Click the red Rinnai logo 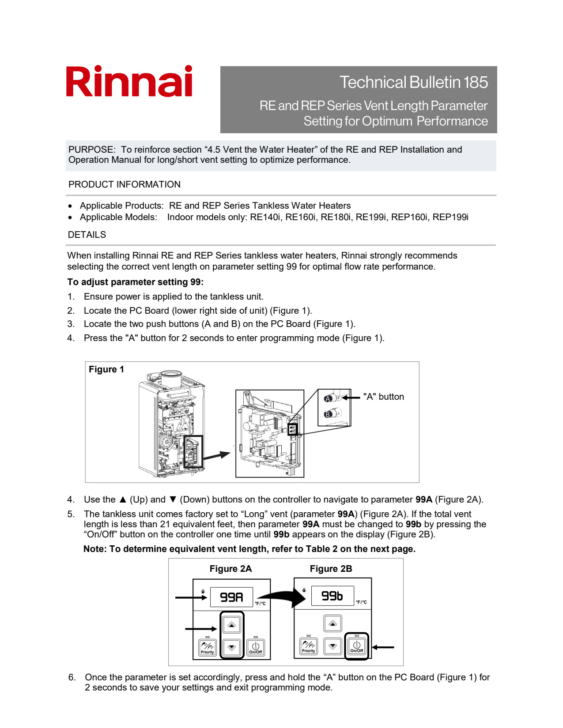(129, 81)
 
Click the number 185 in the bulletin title (476, 83)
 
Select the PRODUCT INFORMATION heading (124, 184)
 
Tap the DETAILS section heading (87, 235)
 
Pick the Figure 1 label (106, 369)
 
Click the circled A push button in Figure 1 (328, 399)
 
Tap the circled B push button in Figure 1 (328, 414)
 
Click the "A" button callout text (383, 397)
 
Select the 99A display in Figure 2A (231, 597)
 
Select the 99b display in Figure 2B (332, 596)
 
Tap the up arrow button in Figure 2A (232, 625)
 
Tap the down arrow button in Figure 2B (333, 646)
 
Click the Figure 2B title (331, 569)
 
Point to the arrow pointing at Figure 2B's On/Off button (383, 647)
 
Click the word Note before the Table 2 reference (94, 549)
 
